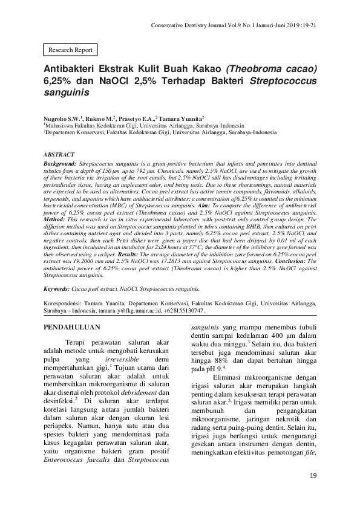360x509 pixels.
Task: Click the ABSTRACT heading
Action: (x=60, y=155)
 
